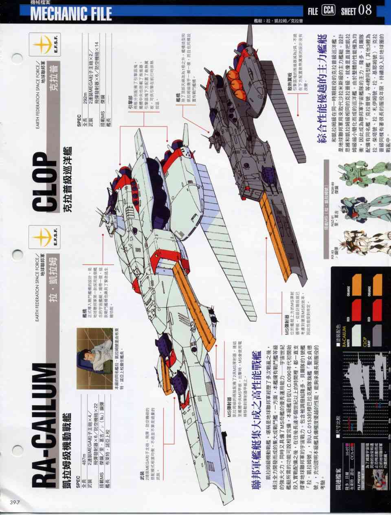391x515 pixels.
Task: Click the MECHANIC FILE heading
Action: point(71,13)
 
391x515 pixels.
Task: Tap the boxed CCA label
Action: point(328,11)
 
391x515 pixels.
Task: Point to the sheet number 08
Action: point(365,10)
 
